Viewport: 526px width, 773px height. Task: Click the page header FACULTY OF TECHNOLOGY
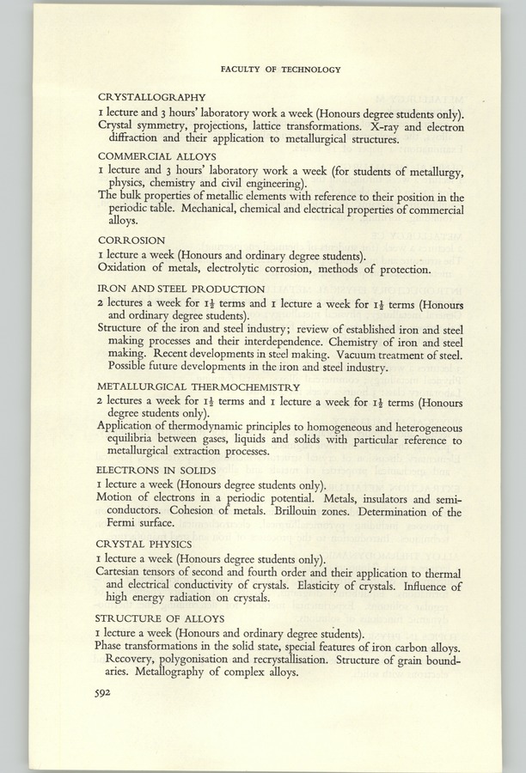pos(280,70)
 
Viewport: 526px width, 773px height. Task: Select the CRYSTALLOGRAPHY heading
pos(151,98)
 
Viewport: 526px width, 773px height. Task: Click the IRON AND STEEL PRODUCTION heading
pos(181,289)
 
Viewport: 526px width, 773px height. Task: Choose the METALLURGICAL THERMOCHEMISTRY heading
pos(199,386)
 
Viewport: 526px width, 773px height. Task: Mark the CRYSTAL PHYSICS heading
pos(144,544)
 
